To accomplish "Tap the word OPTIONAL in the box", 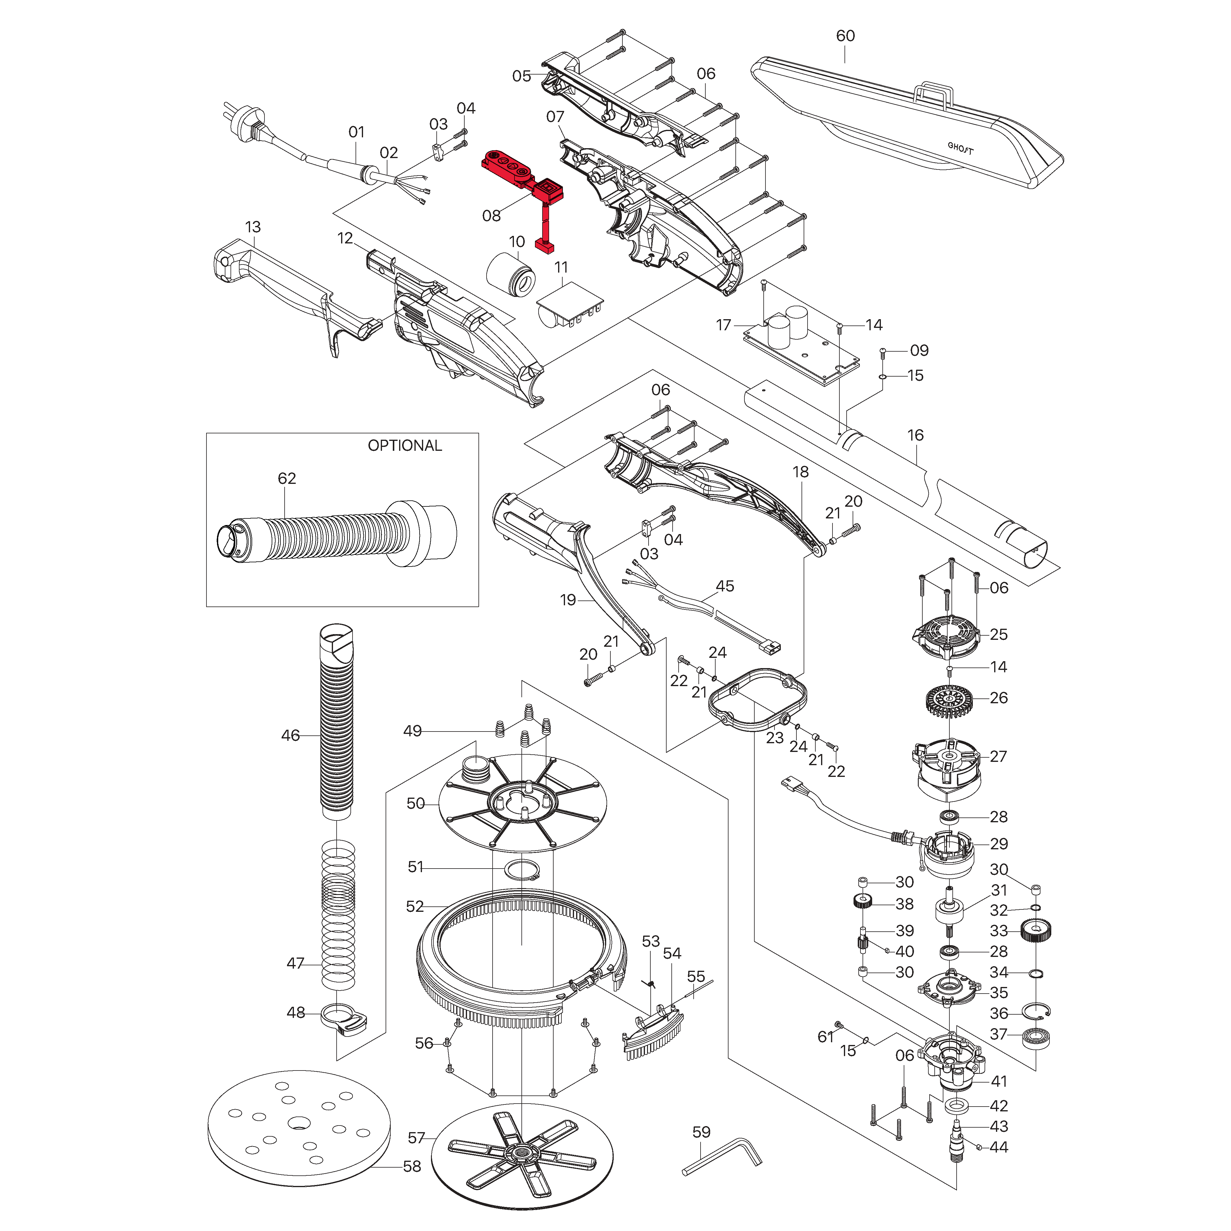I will coord(405,445).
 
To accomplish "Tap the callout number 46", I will coord(291,735).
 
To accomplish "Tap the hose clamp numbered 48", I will coord(344,1018).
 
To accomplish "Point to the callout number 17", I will coord(723,325).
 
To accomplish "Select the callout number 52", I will coord(415,906).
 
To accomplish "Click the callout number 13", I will coord(253,227).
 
